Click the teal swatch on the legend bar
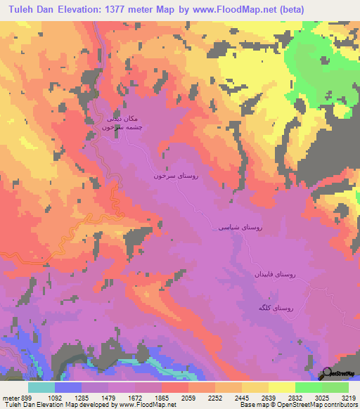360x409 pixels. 41,387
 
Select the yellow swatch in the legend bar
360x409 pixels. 281,387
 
